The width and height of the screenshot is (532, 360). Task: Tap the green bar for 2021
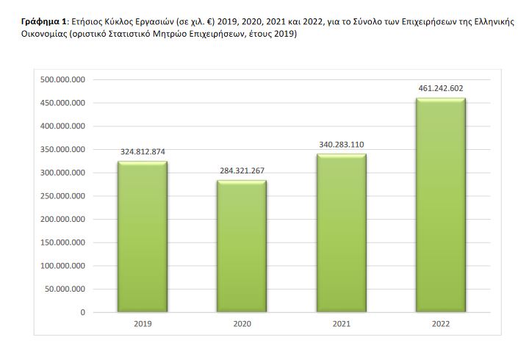pyautogui.click(x=341, y=233)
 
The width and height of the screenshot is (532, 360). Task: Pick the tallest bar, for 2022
pyautogui.click(x=441, y=205)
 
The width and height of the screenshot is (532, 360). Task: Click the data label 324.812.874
pyautogui.click(x=142, y=152)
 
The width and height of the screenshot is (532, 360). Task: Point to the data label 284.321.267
pyautogui.click(x=242, y=171)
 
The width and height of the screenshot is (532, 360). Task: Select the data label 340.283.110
pyautogui.click(x=341, y=145)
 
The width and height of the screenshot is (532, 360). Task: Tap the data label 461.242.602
pyautogui.click(x=441, y=89)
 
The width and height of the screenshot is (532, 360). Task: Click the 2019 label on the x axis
pyautogui.click(x=142, y=324)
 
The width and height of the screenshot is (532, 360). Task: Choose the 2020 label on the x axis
pyautogui.click(x=242, y=324)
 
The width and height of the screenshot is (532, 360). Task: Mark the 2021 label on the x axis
pyautogui.click(x=341, y=324)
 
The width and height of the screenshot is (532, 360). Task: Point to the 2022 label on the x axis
pyautogui.click(x=441, y=324)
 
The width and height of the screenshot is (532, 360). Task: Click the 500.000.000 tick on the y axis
pyautogui.click(x=63, y=79)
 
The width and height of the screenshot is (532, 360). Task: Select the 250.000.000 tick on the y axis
pyautogui.click(x=63, y=196)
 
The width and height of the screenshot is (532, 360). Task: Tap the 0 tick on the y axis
pyautogui.click(x=83, y=312)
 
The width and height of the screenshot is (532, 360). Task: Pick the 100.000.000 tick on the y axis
pyautogui.click(x=63, y=266)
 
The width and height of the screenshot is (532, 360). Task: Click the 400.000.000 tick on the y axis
pyautogui.click(x=63, y=126)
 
